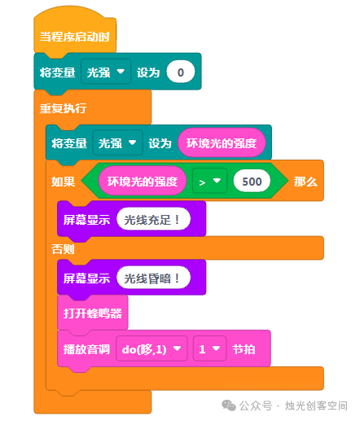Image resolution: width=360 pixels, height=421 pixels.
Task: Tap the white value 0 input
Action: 181,72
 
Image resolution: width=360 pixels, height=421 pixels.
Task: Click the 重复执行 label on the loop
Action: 63,108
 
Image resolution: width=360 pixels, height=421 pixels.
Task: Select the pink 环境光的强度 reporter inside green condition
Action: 143,182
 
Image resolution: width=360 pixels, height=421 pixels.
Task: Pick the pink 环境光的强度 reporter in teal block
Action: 222,143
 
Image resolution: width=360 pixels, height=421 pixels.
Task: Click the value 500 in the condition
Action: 252,182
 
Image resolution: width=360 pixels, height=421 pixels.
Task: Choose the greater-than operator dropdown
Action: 209,181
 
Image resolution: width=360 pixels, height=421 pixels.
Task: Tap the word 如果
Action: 63,182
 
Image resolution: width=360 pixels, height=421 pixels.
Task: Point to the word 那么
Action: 305,182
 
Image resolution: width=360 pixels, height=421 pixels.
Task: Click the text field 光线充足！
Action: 153,219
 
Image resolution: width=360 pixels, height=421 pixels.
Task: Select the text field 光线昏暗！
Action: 153,278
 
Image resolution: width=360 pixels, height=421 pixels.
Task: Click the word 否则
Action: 63,249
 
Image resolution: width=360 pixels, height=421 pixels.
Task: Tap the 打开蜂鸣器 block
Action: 93,313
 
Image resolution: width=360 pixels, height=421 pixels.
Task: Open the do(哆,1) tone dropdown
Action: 151,349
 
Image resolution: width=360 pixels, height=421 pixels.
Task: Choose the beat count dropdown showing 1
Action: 209,349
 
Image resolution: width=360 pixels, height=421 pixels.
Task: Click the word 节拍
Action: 244,349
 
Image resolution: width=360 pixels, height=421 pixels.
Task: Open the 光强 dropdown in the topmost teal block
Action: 106,72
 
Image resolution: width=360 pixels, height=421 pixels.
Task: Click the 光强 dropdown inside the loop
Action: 117,143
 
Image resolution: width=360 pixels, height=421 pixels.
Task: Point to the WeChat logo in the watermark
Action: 229,406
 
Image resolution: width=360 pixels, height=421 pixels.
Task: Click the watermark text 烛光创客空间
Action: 316,406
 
